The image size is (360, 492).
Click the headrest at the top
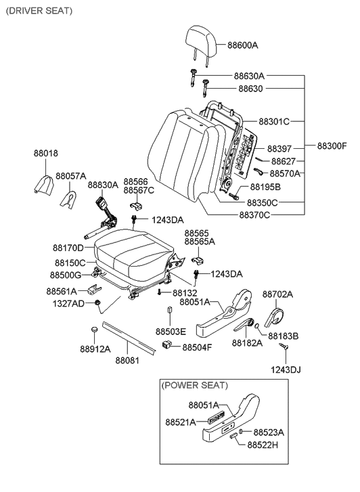click(201, 42)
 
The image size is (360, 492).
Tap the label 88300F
click(332, 146)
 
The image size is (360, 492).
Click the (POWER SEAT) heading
click(194, 385)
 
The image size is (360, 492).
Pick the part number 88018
click(46, 154)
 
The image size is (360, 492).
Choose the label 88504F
click(197, 347)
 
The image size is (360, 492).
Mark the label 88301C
click(273, 122)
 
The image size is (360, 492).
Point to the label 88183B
click(283, 335)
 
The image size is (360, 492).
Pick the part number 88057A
click(71, 176)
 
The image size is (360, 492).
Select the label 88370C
click(254, 215)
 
